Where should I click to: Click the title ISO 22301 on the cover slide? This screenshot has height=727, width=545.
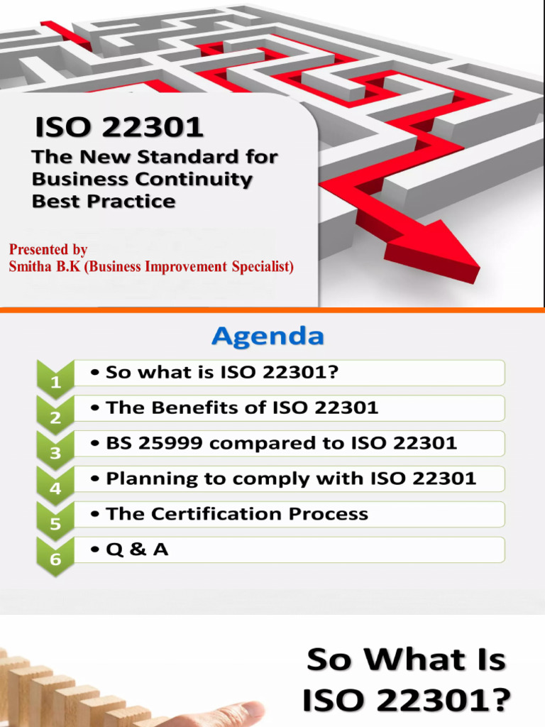click(119, 128)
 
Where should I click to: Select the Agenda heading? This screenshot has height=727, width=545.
click(268, 336)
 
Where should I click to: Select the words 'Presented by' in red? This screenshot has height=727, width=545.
click(48, 250)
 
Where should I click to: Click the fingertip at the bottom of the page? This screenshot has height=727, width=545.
click(255, 710)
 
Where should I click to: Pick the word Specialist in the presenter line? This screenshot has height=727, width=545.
click(263, 267)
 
